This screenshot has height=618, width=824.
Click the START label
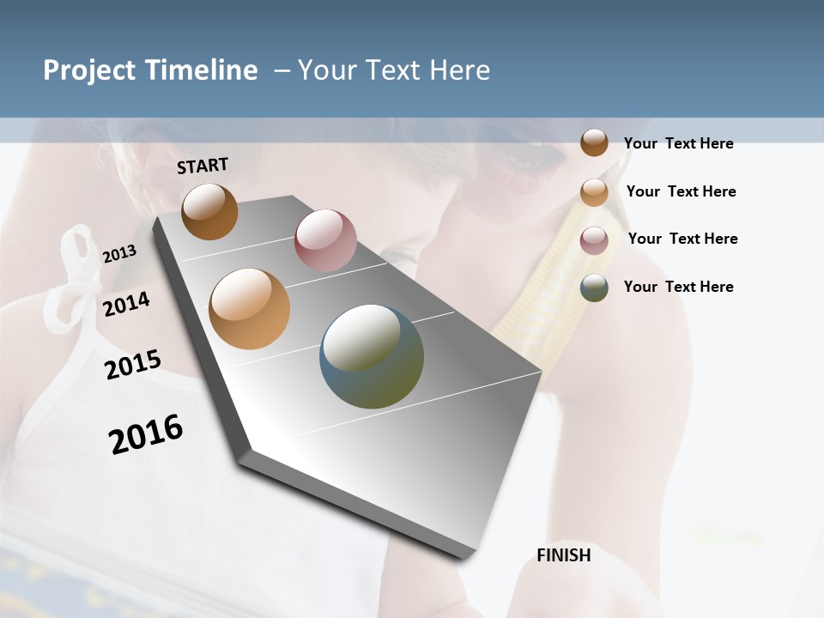203,166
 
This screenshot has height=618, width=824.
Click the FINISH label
563,555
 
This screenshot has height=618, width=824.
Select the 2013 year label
119,254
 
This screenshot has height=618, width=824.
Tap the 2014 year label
126,304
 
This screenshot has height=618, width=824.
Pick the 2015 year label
132,365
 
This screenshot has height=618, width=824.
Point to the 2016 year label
146,434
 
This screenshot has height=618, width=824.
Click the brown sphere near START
209,212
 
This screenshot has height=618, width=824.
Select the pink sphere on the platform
325,240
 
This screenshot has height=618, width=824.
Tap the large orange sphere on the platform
249,309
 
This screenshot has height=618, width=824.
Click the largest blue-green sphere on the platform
372,356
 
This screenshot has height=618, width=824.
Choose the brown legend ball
594,142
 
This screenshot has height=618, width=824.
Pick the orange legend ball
594,192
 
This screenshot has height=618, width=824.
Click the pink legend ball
594,240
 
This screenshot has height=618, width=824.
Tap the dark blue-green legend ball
594,288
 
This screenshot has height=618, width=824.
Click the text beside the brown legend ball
678,143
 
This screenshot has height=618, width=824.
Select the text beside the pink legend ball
682,239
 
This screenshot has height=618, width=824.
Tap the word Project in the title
90,70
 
